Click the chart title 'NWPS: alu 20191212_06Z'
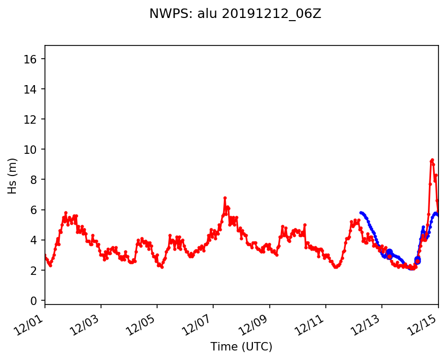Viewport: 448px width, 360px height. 235,14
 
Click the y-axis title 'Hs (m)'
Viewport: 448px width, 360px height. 12,176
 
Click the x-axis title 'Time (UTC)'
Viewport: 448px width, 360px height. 241,347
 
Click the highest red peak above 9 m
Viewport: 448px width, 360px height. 432,160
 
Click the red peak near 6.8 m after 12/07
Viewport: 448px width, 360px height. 225,198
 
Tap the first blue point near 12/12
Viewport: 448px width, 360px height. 361,213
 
